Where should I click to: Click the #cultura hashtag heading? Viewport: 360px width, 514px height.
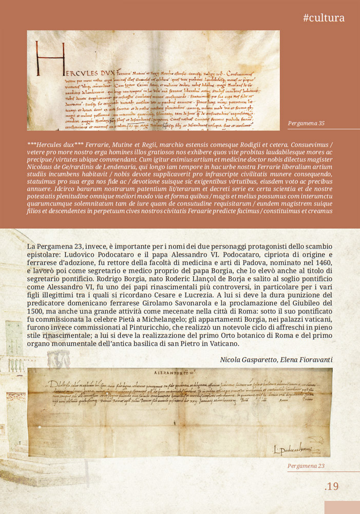324,18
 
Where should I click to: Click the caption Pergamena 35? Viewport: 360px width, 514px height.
307,124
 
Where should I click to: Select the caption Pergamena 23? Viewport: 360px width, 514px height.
307,466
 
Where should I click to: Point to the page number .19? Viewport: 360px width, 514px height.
332,486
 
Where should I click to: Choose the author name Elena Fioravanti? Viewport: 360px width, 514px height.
309,360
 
